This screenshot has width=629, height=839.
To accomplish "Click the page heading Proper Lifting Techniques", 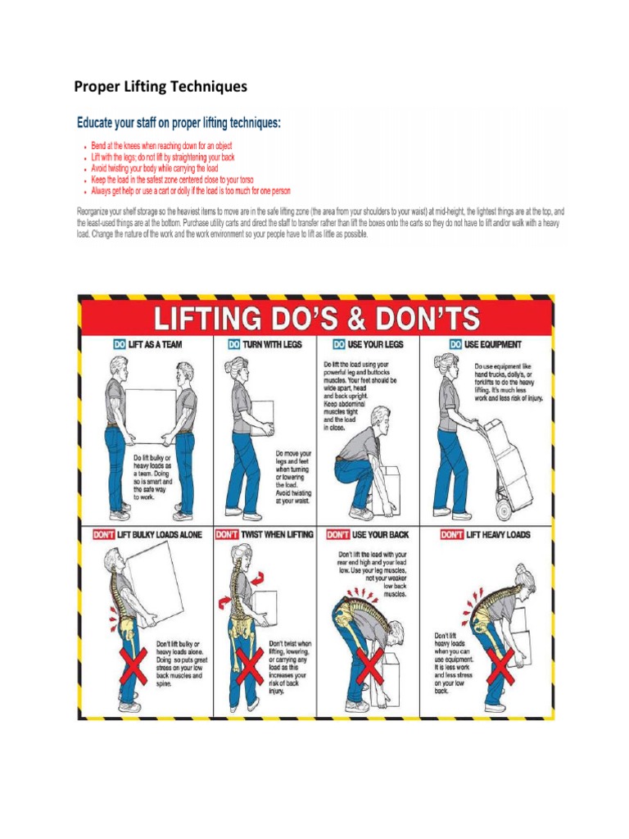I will (x=161, y=85).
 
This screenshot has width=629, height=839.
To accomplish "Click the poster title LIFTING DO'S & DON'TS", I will (x=315, y=315).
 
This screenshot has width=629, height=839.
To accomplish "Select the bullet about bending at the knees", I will (x=162, y=145).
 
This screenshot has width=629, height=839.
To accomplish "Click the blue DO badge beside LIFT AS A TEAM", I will (x=120, y=345).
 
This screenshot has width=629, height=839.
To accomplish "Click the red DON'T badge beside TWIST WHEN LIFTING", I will (x=227, y=535).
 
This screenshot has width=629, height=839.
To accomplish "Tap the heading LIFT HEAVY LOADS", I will (x=499, y=535).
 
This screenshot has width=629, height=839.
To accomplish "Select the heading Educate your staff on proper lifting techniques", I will (x=179, y=123).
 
